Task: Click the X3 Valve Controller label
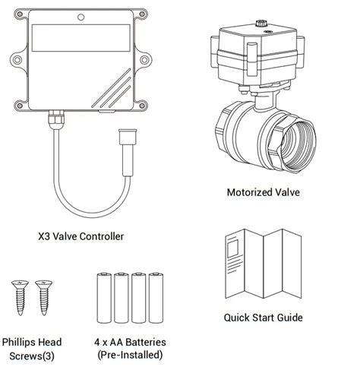pyautogui.click(x=81, y=236)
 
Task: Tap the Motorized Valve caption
pyautogui.click(x=263, y=192)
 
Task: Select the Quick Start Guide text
pyautogui.click(x=263, y=318)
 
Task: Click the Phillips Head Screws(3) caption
pyautogui.click(x=32, y=349)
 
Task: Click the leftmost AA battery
pyautogui.click(x=104, y=298)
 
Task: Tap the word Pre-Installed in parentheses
pyautogui.click(x=131, y=356)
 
